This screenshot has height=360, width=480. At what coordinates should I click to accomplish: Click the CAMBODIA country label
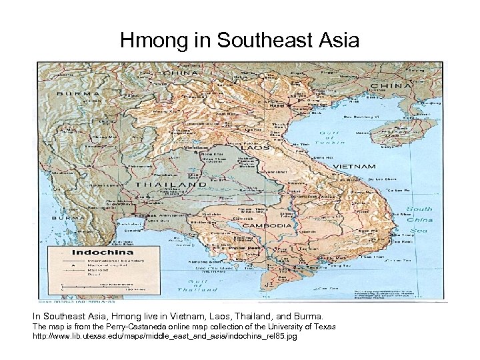269,225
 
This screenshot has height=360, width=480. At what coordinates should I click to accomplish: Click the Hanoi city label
273,105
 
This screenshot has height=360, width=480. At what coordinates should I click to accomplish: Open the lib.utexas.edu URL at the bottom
164,337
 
